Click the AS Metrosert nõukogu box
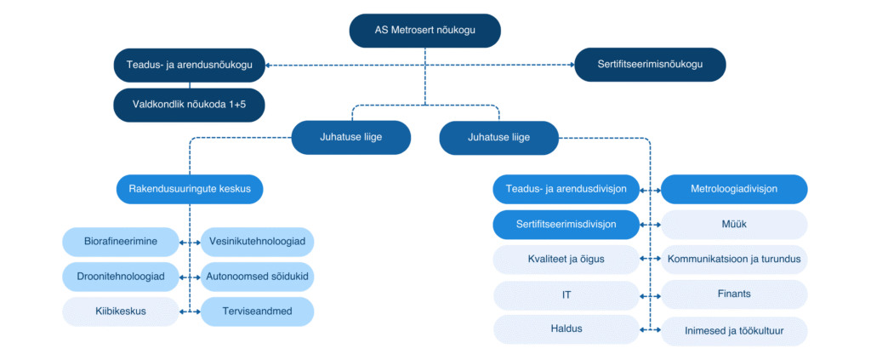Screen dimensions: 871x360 [425, 31]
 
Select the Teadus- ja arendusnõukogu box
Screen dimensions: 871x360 [190, 65]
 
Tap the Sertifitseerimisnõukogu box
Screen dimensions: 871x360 [650, 65]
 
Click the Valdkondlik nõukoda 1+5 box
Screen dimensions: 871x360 [190, 105]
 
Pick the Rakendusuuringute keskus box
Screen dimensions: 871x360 [190, 189]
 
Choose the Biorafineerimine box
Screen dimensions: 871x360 [121, 243]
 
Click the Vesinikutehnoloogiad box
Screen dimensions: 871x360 [257, 243]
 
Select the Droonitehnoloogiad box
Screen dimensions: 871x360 [121, 277]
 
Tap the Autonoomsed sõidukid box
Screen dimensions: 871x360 [257, 277]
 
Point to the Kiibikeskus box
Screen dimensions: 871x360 [121, 311]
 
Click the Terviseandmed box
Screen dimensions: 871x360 [257, 311]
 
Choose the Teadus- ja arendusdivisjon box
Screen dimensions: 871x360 [566, 189]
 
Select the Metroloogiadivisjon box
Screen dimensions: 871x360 [734, 189]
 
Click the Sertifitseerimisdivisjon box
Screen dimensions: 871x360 [566, 225]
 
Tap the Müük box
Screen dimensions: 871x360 [734, 225]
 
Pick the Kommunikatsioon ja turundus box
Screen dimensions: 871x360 [734, 260]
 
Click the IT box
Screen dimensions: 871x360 [566, 295]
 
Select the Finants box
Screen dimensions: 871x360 [734, 294]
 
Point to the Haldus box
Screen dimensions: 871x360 [566, 329]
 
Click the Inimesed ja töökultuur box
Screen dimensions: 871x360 [734, 331]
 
